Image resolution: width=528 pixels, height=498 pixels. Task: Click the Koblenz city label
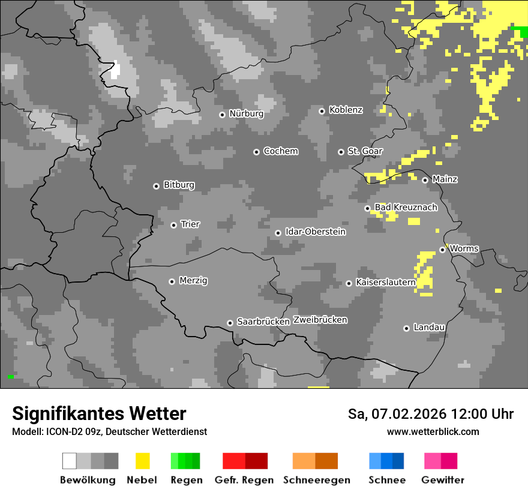pos(346,110)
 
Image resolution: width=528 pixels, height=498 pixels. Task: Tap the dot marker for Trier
pos(174,225)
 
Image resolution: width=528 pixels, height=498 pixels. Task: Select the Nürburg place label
pos(246,113)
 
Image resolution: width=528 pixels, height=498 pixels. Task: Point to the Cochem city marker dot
pos(256,152)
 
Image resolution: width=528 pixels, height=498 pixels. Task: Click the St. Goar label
pos(365,151)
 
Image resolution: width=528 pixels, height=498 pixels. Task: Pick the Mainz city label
pos(445,179)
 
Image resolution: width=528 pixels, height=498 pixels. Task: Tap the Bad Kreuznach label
pos(406,208)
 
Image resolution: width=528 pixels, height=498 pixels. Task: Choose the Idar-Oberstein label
pos(315,232)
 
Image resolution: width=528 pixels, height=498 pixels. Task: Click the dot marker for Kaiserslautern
pos(349,283)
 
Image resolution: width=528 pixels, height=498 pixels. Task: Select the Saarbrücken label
pos(263,322)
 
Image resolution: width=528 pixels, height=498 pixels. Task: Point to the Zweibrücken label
pos(320,320)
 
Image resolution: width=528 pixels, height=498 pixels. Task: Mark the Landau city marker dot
pos(406,328)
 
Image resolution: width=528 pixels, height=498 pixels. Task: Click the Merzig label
pos(193,280)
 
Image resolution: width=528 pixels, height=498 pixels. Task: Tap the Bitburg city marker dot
pos(156,186)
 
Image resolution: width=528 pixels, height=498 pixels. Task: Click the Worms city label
pos(464,248)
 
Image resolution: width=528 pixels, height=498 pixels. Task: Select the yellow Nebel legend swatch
pos(143,461)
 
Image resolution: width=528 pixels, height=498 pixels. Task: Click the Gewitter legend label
pos(443,480)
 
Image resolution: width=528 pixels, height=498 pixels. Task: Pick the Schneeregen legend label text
pos(317,480)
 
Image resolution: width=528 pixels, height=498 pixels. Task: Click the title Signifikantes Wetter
pos(99,414)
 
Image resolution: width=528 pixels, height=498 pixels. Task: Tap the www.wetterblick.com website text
pos(433,431)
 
